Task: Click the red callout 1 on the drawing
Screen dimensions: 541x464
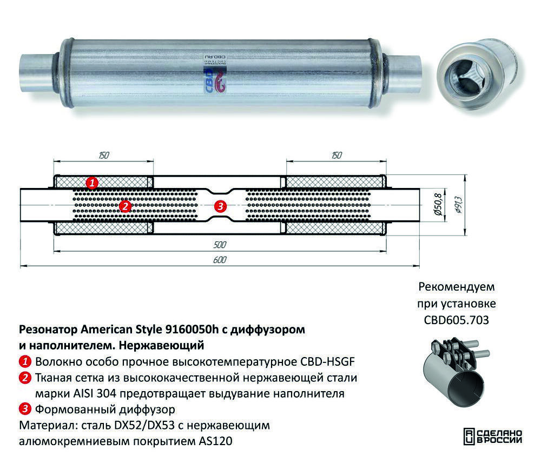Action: pos(92,182)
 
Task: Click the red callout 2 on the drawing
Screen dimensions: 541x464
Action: pos(125,206)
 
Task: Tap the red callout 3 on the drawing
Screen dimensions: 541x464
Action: pos(220,206)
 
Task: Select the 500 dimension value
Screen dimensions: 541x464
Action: pos(220,245)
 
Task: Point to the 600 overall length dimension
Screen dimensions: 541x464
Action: pos(220,259)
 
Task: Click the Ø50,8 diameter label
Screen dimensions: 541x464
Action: pos(438,205)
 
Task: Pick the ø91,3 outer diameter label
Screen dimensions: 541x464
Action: pos(459,205)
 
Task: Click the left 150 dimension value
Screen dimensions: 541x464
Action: pos(104,156)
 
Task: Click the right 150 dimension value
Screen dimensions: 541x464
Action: pos(337,156)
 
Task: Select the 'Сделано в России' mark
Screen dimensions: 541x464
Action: pos(493,436)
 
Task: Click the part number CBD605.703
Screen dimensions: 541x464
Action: pos(456,320)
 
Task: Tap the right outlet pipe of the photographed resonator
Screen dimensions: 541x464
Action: pos(404,72)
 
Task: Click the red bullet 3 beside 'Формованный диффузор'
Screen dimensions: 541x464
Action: pos(25,409)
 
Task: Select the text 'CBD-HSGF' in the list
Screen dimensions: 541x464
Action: pos(327,362)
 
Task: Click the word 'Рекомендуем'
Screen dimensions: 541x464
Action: pos(457,287)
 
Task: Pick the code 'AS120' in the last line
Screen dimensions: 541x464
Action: pos(215,441)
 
